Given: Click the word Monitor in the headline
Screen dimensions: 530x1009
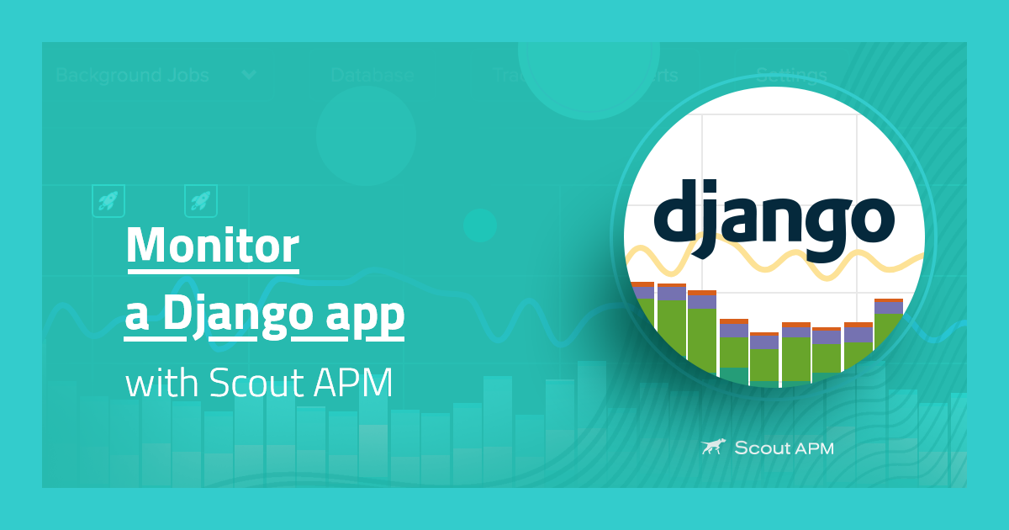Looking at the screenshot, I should [212, 246].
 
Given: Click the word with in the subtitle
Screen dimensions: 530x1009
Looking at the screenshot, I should [161, 384].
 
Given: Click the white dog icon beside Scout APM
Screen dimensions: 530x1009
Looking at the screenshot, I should [713, 447].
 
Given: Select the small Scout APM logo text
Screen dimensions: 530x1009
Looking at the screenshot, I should [784, 448].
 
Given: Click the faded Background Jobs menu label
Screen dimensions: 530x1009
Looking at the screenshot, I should [132, 75].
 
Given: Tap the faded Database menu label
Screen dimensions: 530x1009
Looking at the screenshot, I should [372, 75].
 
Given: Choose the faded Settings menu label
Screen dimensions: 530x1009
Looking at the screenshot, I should [790, 75].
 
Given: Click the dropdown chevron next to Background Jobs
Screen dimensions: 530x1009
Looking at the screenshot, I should [249, 75].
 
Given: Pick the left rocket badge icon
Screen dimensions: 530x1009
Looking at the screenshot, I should [108, 201].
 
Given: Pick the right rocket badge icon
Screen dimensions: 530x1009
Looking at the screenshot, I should [201, 201].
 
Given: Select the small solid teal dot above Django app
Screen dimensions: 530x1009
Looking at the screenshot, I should [480, 225].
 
